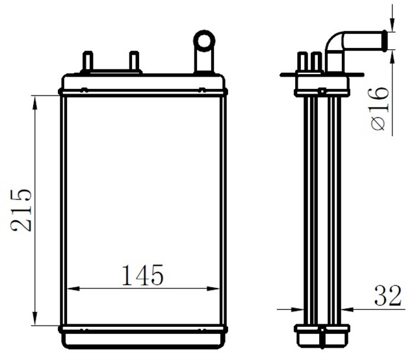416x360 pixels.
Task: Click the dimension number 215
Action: pyautogui.click(x=19, y=210)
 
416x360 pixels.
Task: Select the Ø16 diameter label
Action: pyautogui.click(x=379, y=109)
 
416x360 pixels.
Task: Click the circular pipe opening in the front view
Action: pyautogui.click(x=204, y=40)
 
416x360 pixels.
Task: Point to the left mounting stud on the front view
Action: pyautogui.click(x=87, y=62)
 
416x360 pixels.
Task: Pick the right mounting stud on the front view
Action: pyautogui.click(x=135, y=62)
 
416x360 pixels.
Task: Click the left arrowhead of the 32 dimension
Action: pyautogui.click(x=292, y=309)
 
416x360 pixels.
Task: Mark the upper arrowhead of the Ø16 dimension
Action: pyautogui.click(x=392, y=27)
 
